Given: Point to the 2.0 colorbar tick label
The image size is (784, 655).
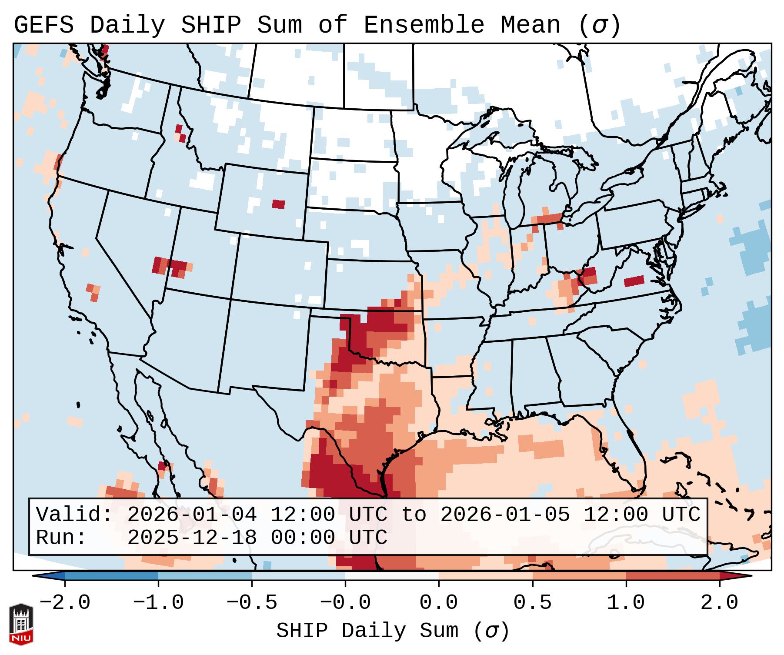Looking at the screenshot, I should coord(719,603).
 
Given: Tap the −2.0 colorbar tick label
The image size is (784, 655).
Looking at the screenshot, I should coord(65,603).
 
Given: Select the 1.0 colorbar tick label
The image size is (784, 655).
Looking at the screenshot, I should coord(626,603).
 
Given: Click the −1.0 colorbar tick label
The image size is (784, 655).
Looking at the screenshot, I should coord(158,603).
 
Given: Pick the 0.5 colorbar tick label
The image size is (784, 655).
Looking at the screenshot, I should coord(532,603).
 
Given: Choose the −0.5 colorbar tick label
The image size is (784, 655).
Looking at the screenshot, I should coord(252,603).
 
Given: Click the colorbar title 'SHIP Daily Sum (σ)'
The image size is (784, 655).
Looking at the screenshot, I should coord(392,631).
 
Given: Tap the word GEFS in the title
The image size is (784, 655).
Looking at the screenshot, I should coord(43,25).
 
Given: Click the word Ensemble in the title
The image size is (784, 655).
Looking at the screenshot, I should coord(424,25).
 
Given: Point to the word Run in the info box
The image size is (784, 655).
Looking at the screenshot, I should coord(61,538).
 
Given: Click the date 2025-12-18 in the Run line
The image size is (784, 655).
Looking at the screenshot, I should coord(192,538).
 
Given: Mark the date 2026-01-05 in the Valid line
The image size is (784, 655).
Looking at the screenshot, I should coord(505,515).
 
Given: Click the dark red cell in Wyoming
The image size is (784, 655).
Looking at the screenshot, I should coord(279,204).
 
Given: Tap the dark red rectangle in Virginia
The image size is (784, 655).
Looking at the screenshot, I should coord(634,281).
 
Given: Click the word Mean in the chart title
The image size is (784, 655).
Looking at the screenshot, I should coord(530,25).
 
